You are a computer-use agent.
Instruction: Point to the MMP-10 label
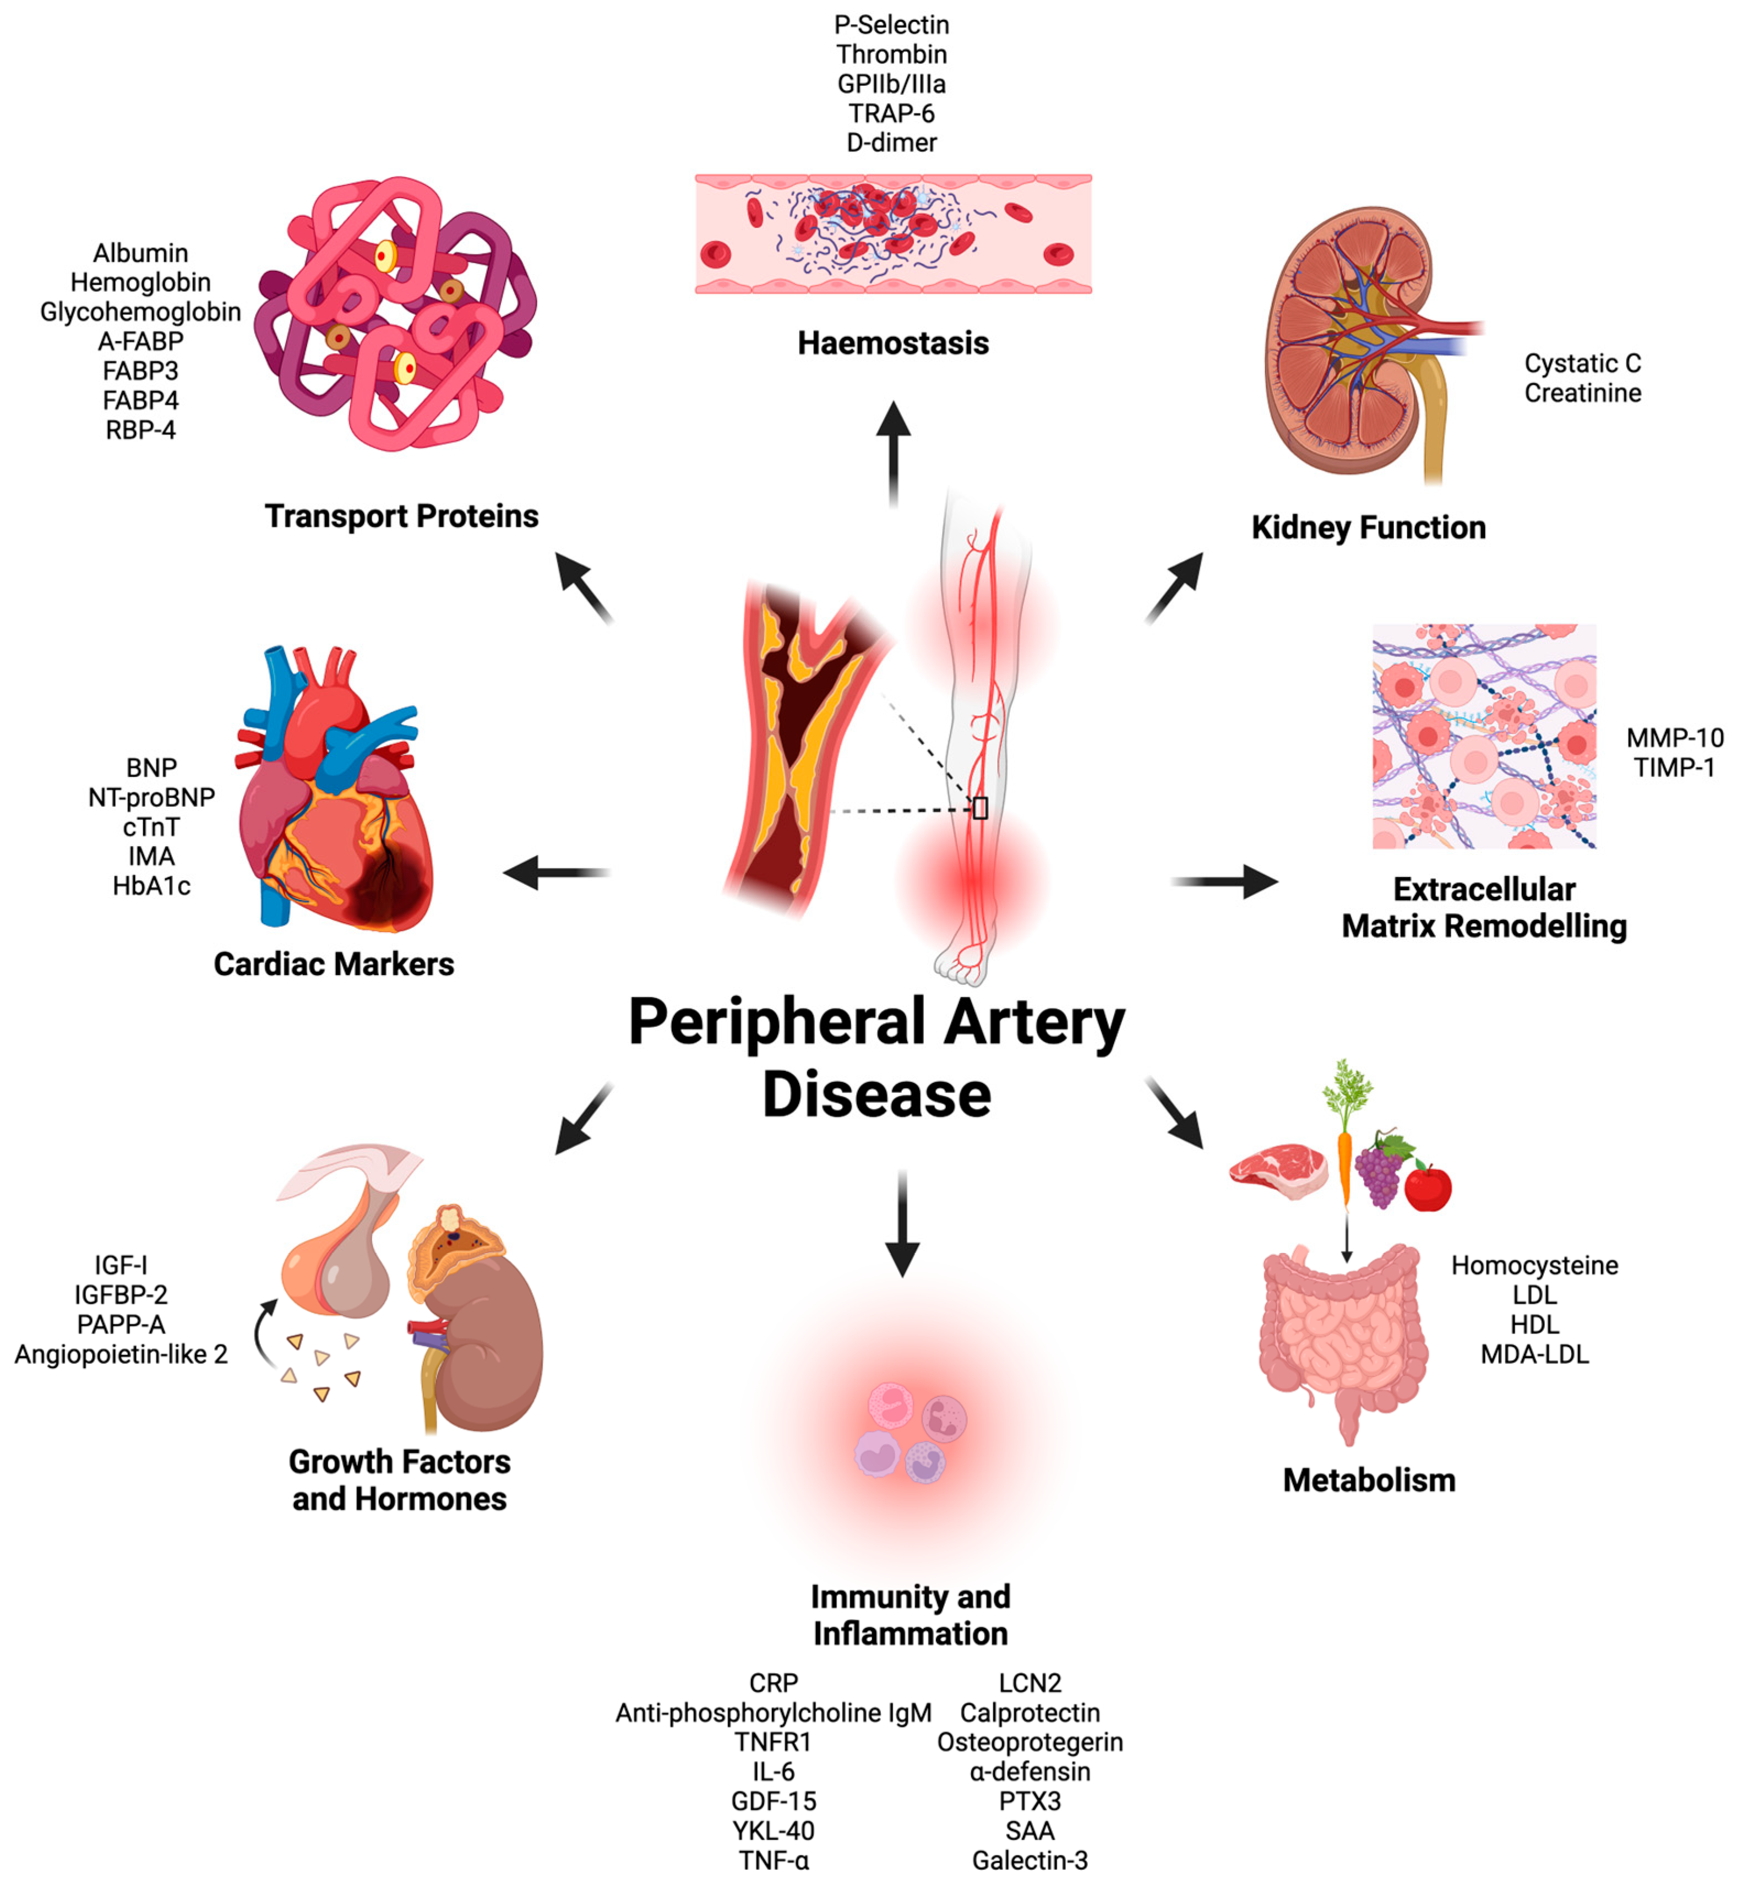pos(1675,738)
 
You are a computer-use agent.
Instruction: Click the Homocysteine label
pos(1534,1265)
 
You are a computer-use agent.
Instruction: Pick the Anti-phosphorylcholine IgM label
pos(772,1713)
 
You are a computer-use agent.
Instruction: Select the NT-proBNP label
pos(151,797)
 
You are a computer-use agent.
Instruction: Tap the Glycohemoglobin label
pos(140,312)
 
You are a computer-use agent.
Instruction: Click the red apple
pos(1428,1188)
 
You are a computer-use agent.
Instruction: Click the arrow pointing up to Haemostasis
pos(893,451)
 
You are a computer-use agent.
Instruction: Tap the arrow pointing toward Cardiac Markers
pos(554,873)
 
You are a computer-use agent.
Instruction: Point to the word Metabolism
pos(1369,1480)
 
